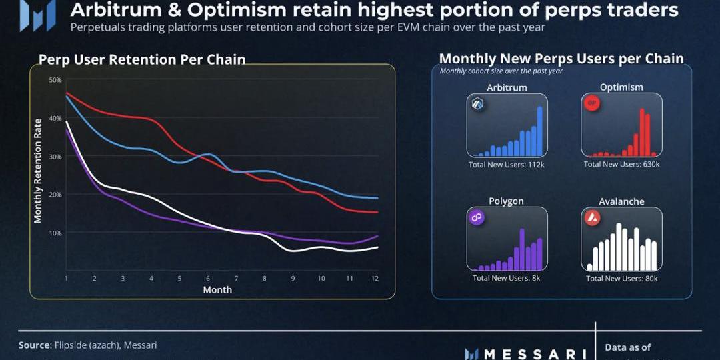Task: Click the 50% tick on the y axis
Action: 55,80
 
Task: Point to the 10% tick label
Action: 55,233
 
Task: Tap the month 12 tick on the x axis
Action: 375,278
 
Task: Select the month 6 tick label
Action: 208,278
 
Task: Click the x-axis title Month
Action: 217,290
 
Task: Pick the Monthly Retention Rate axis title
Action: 38,171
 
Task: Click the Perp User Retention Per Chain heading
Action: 142,59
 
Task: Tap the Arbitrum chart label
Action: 507,87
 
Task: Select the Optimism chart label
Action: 621,87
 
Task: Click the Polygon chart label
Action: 506,201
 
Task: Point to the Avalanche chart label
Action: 621,201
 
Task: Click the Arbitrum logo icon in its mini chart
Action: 477,104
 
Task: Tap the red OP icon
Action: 591,104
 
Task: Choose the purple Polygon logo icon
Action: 477,218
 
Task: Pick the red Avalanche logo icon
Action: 592,218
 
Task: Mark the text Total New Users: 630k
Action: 621,164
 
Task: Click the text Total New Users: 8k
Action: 506,278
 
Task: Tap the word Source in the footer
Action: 34,345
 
